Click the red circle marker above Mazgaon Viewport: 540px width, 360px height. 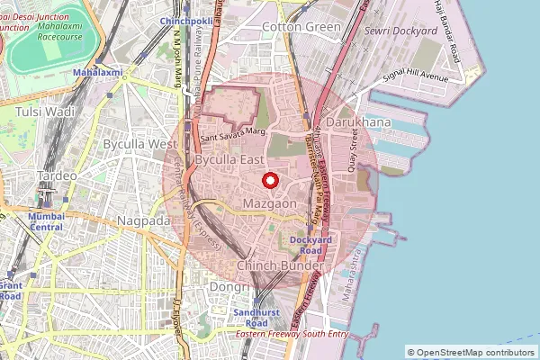point(269,180)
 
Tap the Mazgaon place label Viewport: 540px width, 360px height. point(271,205)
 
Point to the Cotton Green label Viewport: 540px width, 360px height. point(301,27)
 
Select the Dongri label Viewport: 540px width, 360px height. point(227,287)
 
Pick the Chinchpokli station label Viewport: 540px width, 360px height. point(185,20)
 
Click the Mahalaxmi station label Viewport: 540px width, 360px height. point(99,71)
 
